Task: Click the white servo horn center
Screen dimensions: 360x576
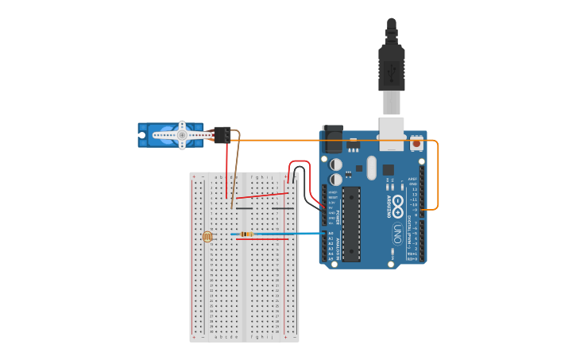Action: (182, 135)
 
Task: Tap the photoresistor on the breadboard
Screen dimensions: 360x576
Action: (207, 236)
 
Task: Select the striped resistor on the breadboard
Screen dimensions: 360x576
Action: (247, 234)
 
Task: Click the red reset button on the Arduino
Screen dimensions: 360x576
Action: (416, 144)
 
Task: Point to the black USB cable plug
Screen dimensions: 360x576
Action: (391, 68)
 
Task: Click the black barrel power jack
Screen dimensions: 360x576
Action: (332, 138)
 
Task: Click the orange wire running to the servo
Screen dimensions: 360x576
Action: (334, 141)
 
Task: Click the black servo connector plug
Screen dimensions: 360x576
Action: (222, 134)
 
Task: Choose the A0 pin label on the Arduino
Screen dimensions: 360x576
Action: (331, 233)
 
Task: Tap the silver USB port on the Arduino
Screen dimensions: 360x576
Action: (392, 129)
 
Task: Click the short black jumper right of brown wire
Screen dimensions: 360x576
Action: (244, 209)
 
